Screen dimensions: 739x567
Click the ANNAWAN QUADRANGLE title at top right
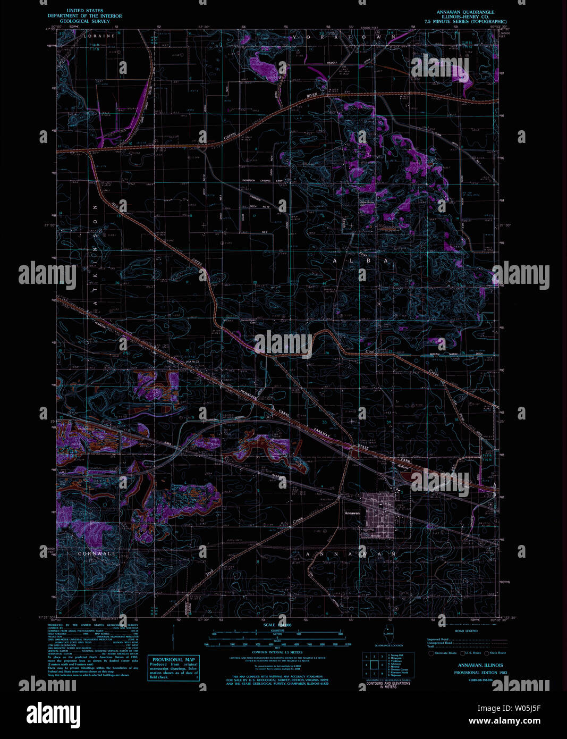click(x=465, y=12)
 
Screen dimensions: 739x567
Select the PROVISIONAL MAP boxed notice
click(x=174, y=660)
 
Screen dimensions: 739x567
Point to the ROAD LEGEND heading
click(x=466, y=631)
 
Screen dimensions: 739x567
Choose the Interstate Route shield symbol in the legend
click(x=431, y=653)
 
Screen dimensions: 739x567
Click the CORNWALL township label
click(x=96, y=553)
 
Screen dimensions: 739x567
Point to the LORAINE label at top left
click(x=99, y=36)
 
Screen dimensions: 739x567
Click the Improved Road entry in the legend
click(x=437, y=640)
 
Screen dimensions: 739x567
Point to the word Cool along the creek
click(x=370, y=351)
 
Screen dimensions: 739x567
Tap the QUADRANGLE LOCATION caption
click(x=388, y=645)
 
